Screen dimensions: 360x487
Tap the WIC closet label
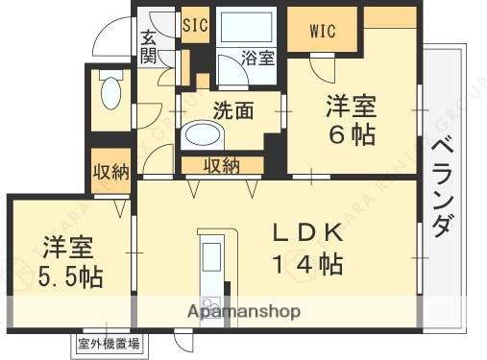(323, 31)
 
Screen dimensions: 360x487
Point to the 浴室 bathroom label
(257, 58)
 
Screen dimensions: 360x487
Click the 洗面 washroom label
(233, 109)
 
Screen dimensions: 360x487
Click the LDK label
(306, 233)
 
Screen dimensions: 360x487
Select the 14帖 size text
(307, 264)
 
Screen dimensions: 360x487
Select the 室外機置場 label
(110, 342)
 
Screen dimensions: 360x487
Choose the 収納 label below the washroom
(222, 165)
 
